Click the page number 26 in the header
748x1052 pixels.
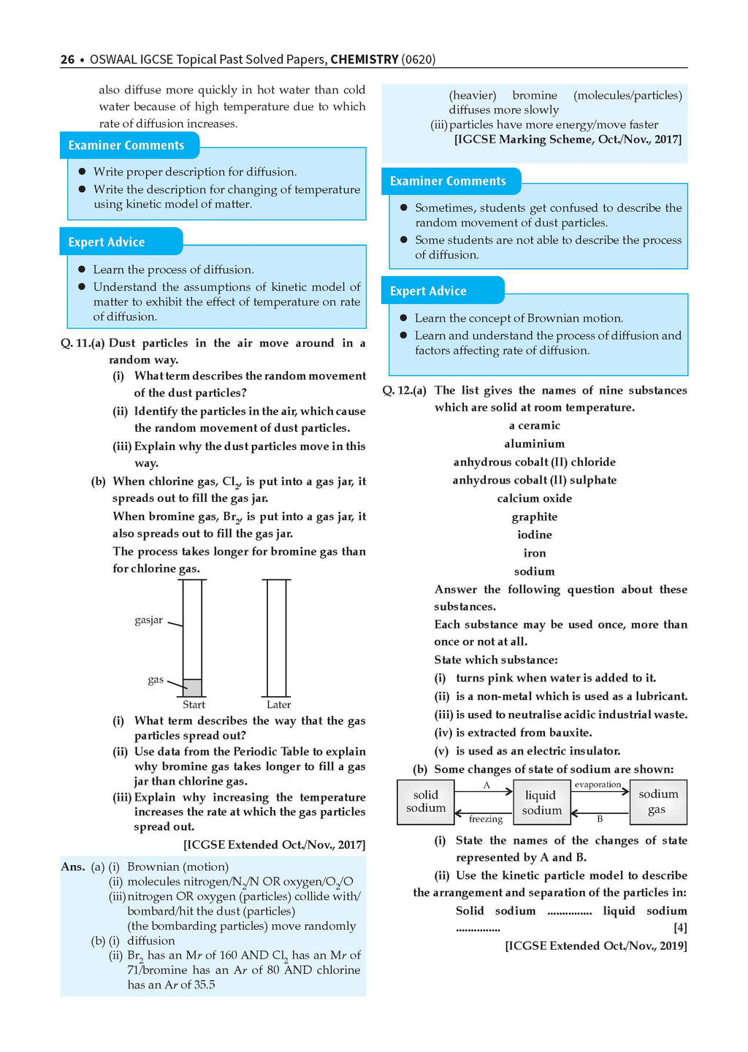click(67, 59)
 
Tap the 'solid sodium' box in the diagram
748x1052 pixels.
click(426, 801)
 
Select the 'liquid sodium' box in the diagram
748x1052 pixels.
click(541, 802)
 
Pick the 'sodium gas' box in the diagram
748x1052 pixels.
click(657, 801)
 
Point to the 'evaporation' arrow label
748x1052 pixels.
click(598, 785)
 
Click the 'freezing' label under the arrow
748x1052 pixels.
click(486, 819)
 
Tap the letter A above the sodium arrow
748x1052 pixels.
click(486, 785)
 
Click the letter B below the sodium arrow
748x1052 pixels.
click(600, 819)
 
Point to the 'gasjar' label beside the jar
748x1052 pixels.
click(148, 620)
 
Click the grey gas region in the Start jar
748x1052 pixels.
click(192, 687)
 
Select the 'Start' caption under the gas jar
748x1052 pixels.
click(194, 705)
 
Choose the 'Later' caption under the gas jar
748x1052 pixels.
click(278, 705)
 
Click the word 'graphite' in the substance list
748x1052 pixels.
click(535, 517)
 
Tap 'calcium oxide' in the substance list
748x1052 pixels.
click(535, 498)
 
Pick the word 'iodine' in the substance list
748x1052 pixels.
click(535, 535)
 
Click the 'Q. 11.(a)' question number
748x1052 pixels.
click(83, 343)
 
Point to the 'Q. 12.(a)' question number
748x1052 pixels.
click(405, 391)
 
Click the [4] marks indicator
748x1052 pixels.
click(680, 928)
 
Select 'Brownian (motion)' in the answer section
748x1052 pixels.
click(178, 866)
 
